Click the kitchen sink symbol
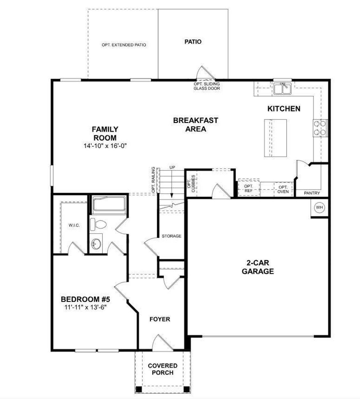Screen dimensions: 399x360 pyautogui.click(x=282, y=89)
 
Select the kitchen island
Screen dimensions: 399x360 pyautogui.click(x=275, y=138)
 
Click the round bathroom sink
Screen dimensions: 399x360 pyautogui.click(x=96, y=243)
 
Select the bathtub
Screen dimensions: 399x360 pyautogui.click(x=109, y=204)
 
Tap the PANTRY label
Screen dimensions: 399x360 pyautogui.click(x=312, y=193)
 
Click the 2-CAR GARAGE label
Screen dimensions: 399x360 pyautogui.click(x=258, y=267)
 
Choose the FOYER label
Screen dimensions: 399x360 pyautogui.click(x=160, y=319)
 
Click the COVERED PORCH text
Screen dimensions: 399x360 pyautogui.click(x=163, y=369)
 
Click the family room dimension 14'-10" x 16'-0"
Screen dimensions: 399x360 pyautogui.click(x=105, y=146)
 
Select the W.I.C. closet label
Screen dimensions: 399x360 pyautogui.click(x=74, y=225)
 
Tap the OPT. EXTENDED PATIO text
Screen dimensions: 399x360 pyautogui.click(x=124, y=45)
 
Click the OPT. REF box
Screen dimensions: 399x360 pyautogui.click(x=249, y=188)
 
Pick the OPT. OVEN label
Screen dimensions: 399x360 pyautogui.click(x=283, y=189)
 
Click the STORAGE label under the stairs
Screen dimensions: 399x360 pyautogui.click(x=171, y=236)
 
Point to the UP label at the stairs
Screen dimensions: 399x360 pyautogui.click(x=172, y=167)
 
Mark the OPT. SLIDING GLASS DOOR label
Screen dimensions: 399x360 pyautogui.click(x=206, y=86)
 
